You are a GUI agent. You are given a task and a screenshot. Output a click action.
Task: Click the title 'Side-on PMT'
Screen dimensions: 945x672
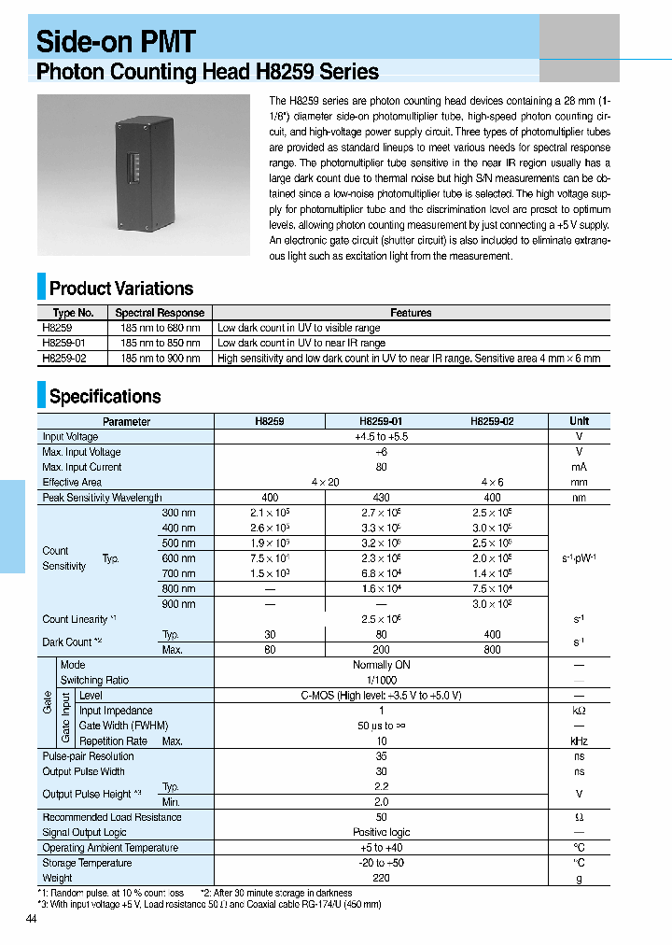[x=116, y=41]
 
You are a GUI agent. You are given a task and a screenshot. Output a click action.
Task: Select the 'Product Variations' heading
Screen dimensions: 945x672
[x=121, y=289]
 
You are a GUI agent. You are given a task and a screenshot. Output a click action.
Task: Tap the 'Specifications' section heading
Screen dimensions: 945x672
[x=105, y=397]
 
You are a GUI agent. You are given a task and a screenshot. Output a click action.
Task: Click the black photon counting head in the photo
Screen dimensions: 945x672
[x=144, y=175]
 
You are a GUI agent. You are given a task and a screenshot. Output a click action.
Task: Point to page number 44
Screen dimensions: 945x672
[x=33, y=921]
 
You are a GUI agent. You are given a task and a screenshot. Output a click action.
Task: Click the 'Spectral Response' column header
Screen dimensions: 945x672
[x=160, y=313]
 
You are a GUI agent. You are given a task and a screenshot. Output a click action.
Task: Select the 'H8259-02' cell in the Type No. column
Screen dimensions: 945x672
[x=64, y=359]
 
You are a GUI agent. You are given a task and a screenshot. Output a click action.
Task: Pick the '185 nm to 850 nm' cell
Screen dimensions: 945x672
[x=160, y=344]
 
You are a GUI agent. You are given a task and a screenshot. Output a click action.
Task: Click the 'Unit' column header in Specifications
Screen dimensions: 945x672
[x=579, y=421]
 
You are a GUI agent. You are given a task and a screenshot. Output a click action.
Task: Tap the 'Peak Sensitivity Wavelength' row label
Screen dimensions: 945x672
[x=102, y=498]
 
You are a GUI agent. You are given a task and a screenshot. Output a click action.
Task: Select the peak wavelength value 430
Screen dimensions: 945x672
[x=381, y=498]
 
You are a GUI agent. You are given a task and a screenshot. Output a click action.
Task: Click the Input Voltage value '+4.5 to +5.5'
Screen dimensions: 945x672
[x=381, y=437]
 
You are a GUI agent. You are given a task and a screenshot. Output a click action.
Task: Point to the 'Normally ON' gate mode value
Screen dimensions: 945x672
[x=381, y=665]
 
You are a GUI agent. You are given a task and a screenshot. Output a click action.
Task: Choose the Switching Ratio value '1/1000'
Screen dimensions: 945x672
[x=381, y=680]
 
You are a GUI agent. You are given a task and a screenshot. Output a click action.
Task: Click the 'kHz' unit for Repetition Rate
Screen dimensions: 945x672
[x=579, y=740]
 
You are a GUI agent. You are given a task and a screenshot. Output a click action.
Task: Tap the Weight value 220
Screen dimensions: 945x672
[x=381, y=878]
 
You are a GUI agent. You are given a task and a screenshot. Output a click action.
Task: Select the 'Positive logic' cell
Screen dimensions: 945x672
[x=381, y=832]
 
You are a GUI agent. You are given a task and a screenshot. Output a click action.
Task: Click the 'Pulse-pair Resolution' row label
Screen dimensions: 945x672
[x=88, y=756]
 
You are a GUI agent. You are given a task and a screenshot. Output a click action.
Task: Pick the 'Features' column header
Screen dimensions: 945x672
[x=411, y=313]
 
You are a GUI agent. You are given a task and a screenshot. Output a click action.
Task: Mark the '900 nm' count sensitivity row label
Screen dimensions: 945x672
[x=178, y=604]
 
